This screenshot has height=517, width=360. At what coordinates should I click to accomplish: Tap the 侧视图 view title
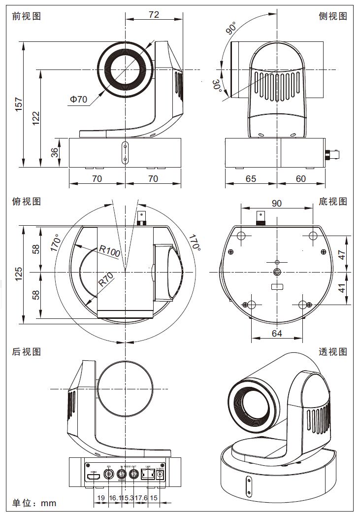(333, 16)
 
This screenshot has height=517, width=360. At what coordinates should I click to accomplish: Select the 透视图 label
(333, 351)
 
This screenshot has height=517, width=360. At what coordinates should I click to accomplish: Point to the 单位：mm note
(34, 503)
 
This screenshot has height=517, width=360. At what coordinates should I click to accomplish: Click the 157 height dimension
(19, 105)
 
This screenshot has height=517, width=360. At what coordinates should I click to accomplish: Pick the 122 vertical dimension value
(36, 118)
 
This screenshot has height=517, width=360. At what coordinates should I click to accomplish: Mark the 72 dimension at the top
(154, 15)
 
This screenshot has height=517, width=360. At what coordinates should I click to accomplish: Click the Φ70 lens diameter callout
(78, 100)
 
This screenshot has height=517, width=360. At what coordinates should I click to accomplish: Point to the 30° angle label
(217, 85)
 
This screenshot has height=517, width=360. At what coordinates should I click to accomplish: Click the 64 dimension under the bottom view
(277, 334)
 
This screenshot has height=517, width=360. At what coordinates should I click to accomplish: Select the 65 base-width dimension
(251, 178)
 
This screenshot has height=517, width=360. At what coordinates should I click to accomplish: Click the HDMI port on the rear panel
(94, 477)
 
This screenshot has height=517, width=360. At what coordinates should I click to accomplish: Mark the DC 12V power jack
(160, 475)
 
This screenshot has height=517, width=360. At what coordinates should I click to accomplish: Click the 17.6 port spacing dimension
(141, 498)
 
